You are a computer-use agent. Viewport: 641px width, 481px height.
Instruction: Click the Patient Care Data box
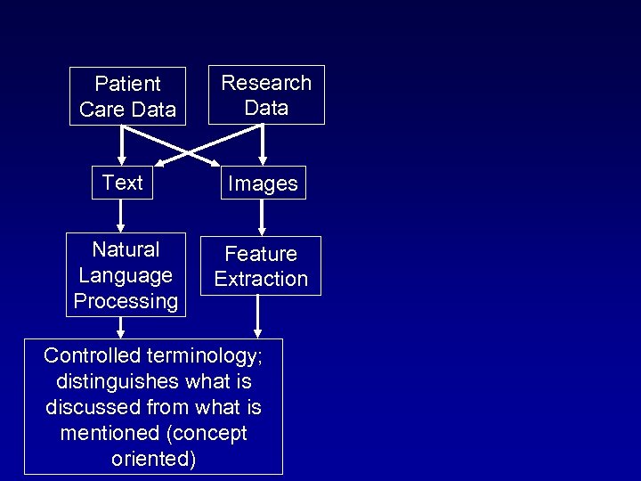pos(127,96)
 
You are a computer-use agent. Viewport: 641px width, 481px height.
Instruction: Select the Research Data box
pos(266,94)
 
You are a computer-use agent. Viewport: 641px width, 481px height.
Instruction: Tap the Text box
pos(122,183)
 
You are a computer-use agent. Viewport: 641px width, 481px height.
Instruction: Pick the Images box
pos(263,183)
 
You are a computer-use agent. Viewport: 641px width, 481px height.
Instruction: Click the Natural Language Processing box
pos(126,274)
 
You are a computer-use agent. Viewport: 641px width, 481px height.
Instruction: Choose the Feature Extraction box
pos(261,265)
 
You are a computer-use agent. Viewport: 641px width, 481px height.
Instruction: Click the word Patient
pos(127,84)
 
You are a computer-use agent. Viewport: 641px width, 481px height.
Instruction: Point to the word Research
pos(266,83)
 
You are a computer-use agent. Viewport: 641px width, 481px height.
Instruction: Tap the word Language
pos(126,275)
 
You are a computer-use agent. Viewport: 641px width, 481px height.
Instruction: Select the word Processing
pos(126,301)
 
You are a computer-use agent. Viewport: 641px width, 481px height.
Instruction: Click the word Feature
pos(261,254)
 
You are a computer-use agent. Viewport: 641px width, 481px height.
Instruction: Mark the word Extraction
pos(261,279)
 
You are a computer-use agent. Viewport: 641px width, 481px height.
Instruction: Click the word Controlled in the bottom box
pos(93,355)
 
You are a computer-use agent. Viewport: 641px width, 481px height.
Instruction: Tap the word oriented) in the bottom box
pos(154,460)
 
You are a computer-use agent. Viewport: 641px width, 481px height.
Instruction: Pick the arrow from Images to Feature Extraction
pos(262,216)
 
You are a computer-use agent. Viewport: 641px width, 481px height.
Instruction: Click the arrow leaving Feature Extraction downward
pos(257,316)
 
